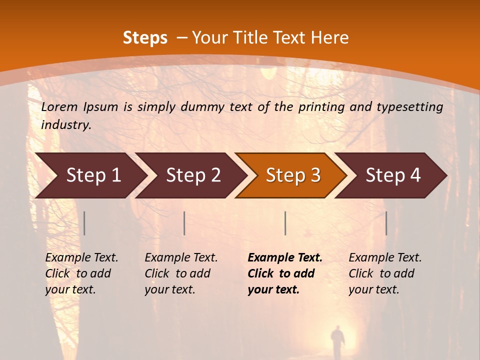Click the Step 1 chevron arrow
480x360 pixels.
pos(90,175)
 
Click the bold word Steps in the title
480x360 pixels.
pos(145,38)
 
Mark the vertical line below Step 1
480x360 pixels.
pos(84,223)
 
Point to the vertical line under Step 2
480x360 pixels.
pos(184,223)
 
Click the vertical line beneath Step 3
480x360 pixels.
pos(285,223)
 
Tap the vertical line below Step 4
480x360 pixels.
pos(386,223)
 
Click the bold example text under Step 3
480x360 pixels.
pos(284,273)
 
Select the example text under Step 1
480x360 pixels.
pos(81,273)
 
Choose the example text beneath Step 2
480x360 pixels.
pos(181,273)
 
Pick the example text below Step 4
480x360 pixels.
pos(385,273)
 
